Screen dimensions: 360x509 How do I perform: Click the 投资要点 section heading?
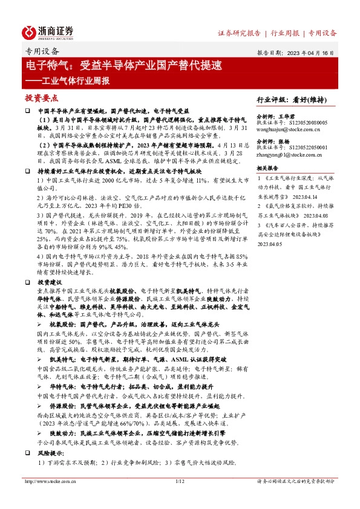(x=41, y=98)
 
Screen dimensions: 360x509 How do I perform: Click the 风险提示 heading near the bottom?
(x=50, y=453)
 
